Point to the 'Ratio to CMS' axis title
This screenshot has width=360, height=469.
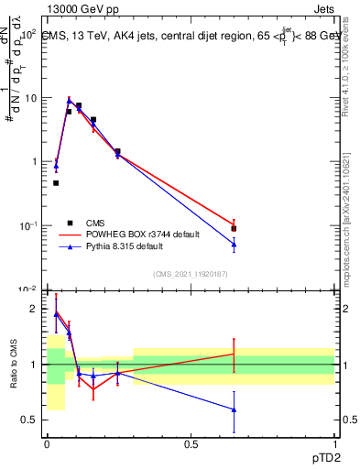pos(14,365)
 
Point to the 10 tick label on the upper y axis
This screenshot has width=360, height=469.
pos(30,98)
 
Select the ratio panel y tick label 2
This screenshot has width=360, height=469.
pos(34,310)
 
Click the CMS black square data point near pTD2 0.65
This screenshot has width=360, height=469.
pos(235,229)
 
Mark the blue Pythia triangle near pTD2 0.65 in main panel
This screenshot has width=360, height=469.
pos(235,245)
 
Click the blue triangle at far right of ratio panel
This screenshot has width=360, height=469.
pos(235,409)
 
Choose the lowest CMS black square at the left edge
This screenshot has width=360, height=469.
pos(56,183)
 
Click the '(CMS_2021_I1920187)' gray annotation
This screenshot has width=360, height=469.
pos(191,274)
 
